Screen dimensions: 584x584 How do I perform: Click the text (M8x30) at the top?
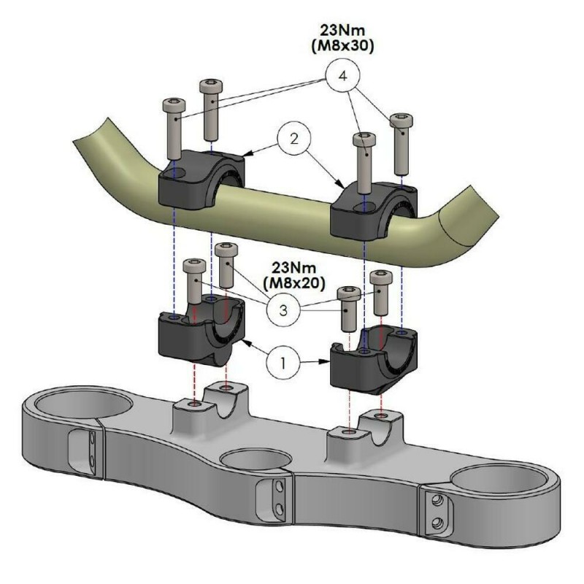[345, 46]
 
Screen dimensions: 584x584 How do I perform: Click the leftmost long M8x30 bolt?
[174, 127]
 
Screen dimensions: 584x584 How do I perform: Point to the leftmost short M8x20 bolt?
[193, 282]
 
